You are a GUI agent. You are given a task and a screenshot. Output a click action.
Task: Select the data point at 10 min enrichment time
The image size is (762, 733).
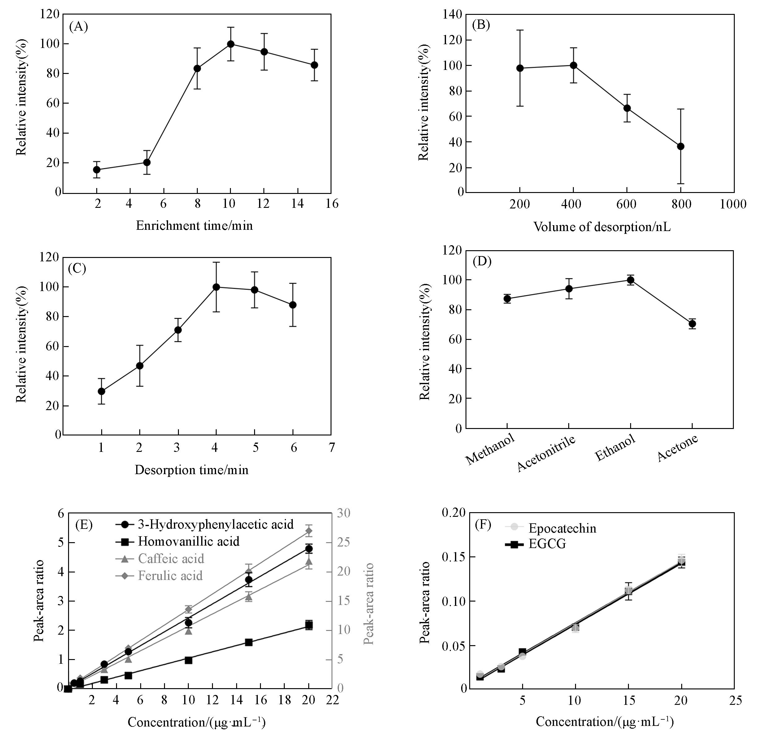[231, 44]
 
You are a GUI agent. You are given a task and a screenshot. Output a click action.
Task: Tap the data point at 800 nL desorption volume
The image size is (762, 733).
[680, 146]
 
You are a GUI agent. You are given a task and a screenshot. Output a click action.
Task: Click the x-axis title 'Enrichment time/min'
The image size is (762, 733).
[194, 226]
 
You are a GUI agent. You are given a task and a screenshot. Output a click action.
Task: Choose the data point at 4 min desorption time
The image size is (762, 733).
[216, 287]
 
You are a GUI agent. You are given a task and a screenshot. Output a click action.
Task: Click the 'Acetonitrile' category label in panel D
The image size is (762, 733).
[546, 453]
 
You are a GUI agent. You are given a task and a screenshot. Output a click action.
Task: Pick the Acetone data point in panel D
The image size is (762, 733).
[692, 324]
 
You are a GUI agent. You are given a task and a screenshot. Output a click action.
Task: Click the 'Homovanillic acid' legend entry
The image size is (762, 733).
[188, 542]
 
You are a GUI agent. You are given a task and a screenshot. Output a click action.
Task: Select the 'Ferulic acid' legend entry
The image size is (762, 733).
[170, 576]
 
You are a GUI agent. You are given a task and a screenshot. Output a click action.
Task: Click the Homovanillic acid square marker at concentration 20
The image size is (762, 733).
[309, 625]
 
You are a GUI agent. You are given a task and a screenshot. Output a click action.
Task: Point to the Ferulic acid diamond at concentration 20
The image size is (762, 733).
[309, 531]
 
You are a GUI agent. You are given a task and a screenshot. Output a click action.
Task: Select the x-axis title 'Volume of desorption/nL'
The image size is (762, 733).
[602, 226]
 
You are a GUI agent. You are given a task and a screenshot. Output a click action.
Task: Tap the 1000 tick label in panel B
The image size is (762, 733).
[733, 204]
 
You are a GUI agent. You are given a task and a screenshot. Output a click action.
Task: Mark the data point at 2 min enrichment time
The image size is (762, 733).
[97, 170]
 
